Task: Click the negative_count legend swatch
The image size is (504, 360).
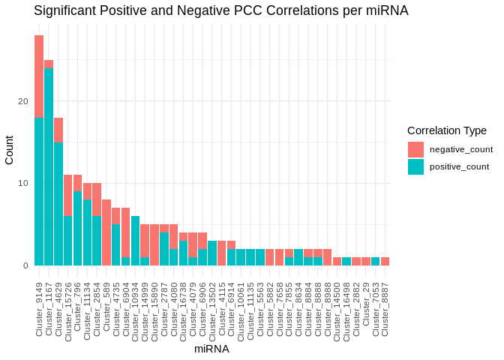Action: tap(415, 149)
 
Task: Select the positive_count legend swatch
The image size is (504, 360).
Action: tap(415, 166)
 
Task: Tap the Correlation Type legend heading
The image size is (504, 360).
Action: tap(447, 130)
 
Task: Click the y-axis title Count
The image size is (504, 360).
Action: tap(10, 150)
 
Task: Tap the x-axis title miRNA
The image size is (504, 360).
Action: tap(211, 349)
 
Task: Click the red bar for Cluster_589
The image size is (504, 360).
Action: tap(106, 232)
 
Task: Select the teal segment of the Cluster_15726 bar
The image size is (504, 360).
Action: tap(68, 241)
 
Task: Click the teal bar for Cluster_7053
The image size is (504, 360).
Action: tap(376, 261)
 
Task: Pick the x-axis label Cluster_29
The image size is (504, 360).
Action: tap(366, 304)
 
